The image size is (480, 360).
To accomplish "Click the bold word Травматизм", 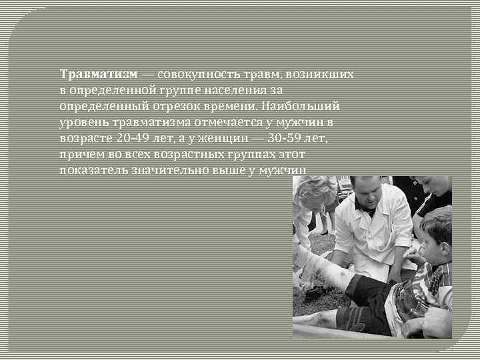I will coord(99,73).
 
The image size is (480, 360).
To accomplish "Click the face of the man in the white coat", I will coord(365,194).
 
